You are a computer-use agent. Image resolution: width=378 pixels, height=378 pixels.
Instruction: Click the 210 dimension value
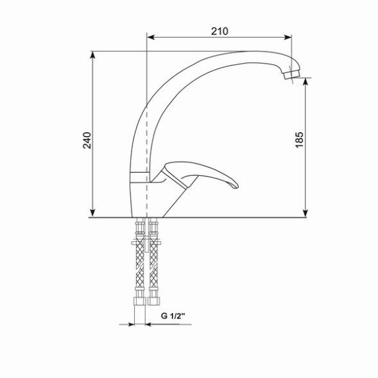point(220,30)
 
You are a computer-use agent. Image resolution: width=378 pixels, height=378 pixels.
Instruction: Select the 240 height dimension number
point(87,140)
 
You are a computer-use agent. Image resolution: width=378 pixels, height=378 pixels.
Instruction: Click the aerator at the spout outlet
point(291,76)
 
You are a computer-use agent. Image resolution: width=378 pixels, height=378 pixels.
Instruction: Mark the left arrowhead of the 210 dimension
point(151,37)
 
